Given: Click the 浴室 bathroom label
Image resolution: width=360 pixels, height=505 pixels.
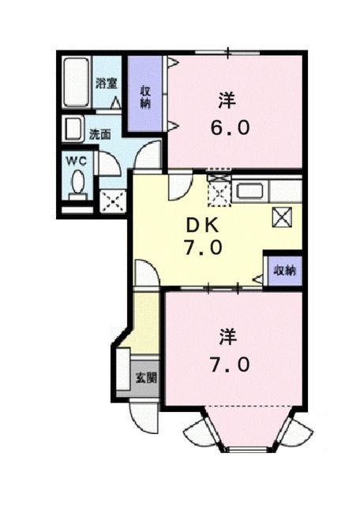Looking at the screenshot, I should click(x=107, y=82).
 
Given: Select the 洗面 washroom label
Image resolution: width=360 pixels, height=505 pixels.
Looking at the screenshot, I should click(x=99, y=134).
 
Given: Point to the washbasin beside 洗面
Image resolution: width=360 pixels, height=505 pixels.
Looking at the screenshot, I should click(x=73, y=129).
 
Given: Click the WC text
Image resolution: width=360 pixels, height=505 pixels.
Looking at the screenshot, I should click(x=75, y=160).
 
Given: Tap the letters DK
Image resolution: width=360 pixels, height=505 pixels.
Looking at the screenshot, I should click(x=203, y=224).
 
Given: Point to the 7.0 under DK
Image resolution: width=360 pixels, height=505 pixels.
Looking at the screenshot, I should click(x=204, y=248).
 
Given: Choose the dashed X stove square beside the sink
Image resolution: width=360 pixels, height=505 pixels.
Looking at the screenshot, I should click(x=218, y=190).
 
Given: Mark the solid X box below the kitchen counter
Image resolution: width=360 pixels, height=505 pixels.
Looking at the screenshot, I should click(x=281, y=217).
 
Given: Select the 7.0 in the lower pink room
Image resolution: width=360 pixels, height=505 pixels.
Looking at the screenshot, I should click(x=231, y=365).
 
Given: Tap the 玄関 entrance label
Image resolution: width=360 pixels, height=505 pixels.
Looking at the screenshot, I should click(x=145, y=377).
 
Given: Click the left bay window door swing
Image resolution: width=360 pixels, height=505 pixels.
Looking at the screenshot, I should click(x=197, y=432).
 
